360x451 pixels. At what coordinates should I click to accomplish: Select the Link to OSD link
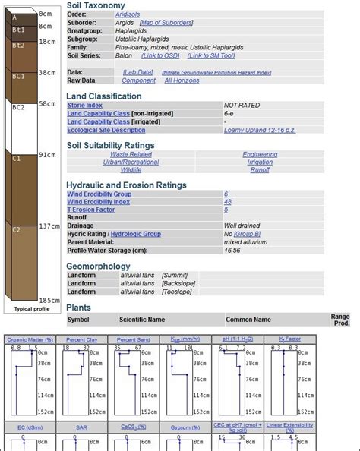(161, 55)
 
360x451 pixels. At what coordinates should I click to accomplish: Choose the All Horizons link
(182, 80)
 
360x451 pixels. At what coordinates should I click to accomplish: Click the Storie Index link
(85, 106)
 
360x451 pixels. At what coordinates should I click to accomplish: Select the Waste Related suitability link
(131, 154)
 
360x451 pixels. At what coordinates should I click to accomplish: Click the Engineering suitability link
(260, 154)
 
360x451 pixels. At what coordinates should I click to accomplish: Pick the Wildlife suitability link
(131, 170)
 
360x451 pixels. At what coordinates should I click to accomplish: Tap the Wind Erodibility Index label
(99, 202)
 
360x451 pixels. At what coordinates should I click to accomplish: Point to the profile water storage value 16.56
(232, 250)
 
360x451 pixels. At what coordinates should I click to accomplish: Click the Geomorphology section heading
(99, 266)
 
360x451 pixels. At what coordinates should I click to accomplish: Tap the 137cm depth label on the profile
(49, 226)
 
